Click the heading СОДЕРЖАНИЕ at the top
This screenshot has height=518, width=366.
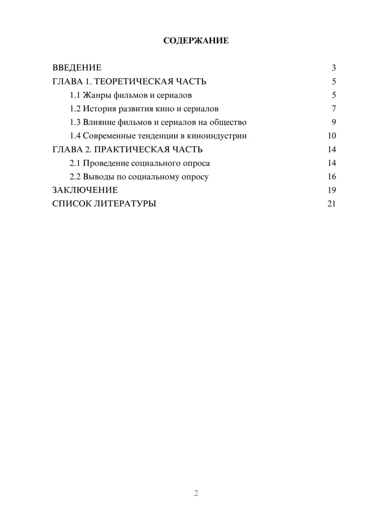pyautogui.click(x=196, y=41)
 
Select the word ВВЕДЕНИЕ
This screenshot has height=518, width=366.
pyautogui.click(x=77, y=68)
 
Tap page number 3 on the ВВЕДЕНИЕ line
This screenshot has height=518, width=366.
pyautogui.click(x=334, y=68)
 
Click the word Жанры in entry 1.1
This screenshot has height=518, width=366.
pyautogui.click(x=97, y=95)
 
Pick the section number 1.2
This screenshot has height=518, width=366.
pyautogui.click(x=75, y=109)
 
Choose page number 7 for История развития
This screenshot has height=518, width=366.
pyautogui.click(x=334, y=109)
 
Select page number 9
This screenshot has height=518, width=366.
pyautogui.click(x=334, y=122)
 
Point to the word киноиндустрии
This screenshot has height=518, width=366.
pyautogui.click(x=217, y=136)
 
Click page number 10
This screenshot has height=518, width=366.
pyautogui.click(x=332, y=136)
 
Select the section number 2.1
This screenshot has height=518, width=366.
pyautogui.click(x=75, y=163)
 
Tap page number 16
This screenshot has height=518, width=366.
pyautogui.click(x=332, y=177)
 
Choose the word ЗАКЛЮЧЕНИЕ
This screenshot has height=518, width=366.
pyautogui.click(x=85, y=190)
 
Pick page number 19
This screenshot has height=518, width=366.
pyautogui.click(x=332, y=190)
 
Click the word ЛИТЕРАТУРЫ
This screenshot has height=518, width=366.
pyautogui.click(x=125, y=204)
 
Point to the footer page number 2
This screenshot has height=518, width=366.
pyautogui.click(x=196, y=493)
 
